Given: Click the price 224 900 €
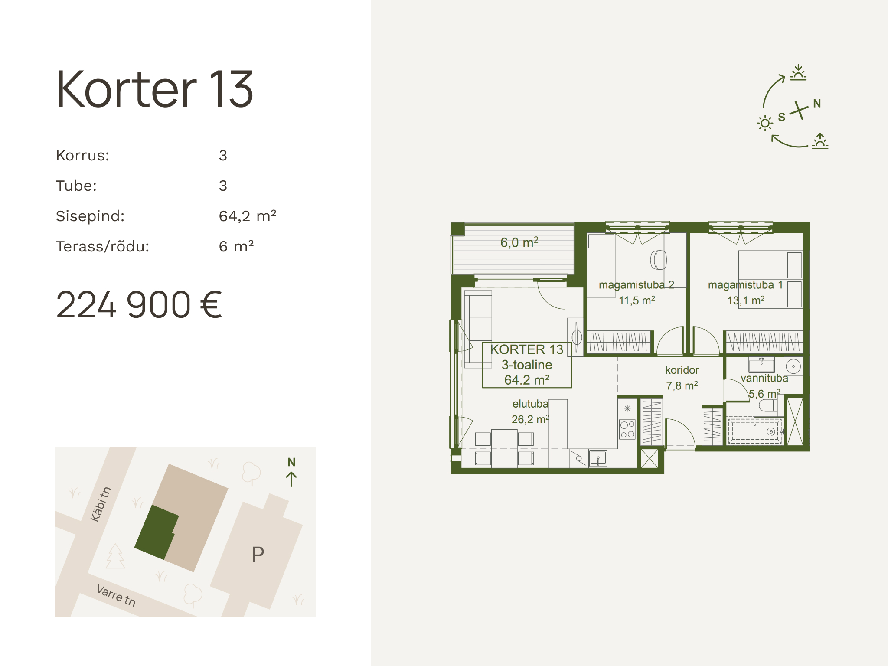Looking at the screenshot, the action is (139, 305).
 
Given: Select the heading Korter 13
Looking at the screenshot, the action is (154, 89).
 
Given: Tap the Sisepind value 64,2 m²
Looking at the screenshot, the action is (248, 216).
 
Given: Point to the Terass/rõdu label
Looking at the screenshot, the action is (102, 246).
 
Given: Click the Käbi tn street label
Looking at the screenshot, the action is (101, 504).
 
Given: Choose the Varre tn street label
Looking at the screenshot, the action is (116, 595).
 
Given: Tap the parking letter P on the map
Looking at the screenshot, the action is (258, 554).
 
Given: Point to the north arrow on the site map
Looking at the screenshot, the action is (291, 479).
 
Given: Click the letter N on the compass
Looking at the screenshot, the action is (817, 104).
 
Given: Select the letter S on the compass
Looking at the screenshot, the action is (782, 117).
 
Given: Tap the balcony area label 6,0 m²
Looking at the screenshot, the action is (519, 242).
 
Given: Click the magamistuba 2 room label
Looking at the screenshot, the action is (637, 285).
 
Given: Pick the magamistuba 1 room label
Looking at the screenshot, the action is (745, 285).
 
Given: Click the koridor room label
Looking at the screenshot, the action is (682, 370).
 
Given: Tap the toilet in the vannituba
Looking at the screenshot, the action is (768, 405).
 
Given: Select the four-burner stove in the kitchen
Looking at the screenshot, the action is (627, 429).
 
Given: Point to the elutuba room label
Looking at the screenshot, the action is (530, 404).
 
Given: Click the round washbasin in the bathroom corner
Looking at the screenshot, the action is (793, 366).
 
